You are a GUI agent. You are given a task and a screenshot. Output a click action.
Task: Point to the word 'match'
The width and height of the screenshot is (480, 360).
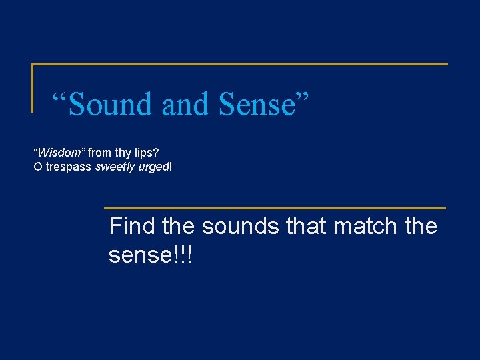tap(369, 226)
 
